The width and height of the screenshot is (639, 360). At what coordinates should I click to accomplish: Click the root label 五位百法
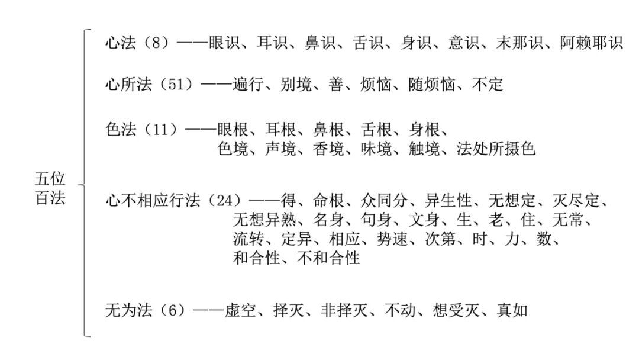[x=50, y=188]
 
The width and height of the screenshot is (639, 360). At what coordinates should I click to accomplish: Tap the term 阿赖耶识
[x=592, y=43]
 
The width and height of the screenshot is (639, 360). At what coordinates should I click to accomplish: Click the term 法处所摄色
[x=496, y=149]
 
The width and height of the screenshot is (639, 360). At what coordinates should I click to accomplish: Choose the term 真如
[x=512, y=310]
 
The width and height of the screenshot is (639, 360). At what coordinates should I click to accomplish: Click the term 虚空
[x=241, y=310]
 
